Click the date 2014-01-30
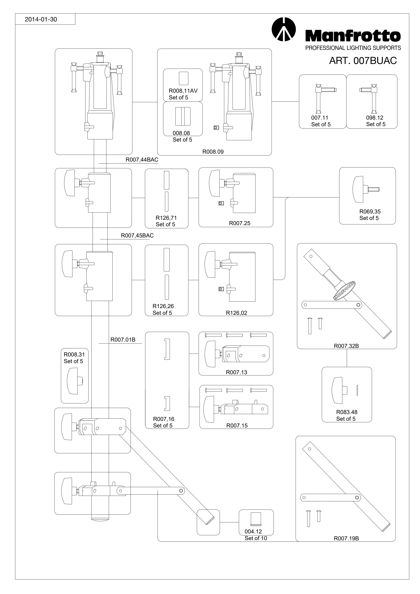point(41,19)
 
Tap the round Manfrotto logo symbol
point(284,29)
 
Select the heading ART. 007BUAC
point(363,61)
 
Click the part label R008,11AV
point(183,91)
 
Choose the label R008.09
point(213,152)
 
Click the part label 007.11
point(320,118)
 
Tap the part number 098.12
point(374,118)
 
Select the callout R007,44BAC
point(142,160)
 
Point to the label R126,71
point(166,218)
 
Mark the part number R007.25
point(240,223)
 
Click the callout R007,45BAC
point(137,236)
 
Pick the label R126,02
point(237,313)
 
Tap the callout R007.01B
point(123,340)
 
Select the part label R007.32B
point(346,346)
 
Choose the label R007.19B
point(346,538)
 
